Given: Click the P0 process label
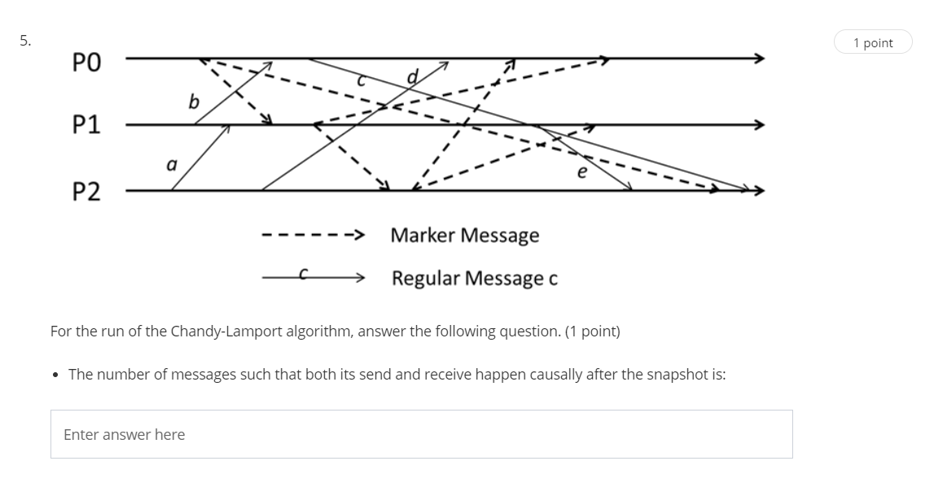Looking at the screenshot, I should click(87, 63).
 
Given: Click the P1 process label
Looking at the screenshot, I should click(87, 125).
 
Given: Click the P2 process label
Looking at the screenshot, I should click(87, 192).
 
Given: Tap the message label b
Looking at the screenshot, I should click(193, 101).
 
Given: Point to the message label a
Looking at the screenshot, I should click(171, 165).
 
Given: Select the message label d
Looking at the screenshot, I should click(412, 77).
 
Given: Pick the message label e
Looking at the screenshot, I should click(581, 172).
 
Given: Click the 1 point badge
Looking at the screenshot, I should click(873, 43).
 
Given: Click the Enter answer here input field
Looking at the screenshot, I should click(421, 434).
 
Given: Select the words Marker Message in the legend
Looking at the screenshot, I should click(464, 235).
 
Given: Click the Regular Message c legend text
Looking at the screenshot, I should click(474, 279).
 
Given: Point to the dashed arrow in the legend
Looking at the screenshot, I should click(312, 236).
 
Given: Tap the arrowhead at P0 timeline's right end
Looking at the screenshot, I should click(758, 59).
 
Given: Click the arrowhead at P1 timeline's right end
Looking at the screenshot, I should click(758, 125).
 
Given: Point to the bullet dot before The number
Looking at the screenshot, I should click(55, 375).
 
